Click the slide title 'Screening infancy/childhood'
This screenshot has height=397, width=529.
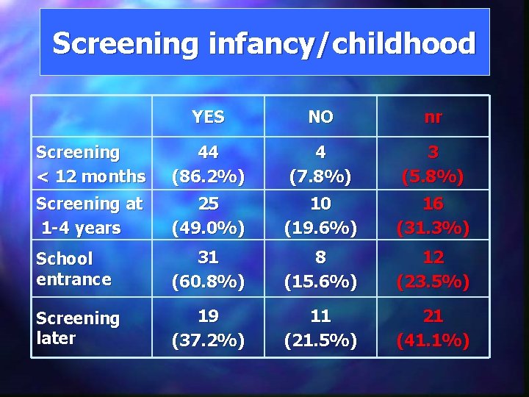[x=264, y=43]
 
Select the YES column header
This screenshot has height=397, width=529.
[x=208, y=116]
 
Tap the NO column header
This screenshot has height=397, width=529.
[x=320, y=116]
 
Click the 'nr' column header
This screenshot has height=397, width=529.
[x=433, y=116]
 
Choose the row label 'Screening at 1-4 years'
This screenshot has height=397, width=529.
[x=90, y=215]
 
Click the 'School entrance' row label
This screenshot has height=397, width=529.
[x=74, y=268]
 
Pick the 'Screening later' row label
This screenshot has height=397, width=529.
[x=78, y=328]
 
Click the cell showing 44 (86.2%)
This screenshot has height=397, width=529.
[x=208, y=164]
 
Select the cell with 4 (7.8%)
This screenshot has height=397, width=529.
[x=320, y=164]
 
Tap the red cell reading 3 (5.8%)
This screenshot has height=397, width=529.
[x=433, y=164]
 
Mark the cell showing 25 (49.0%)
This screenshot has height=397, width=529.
[x=208, y=215]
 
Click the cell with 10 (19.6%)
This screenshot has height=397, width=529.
[x=320, y=215]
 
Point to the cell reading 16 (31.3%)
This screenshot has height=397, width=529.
[x=433, y=215]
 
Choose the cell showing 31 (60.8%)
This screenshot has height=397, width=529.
[x=208, y=268]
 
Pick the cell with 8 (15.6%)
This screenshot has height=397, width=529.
[x=320, y=268]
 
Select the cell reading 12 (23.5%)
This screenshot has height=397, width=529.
[x=433, y=268]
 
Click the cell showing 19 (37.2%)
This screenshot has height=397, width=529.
[x=208, y=328]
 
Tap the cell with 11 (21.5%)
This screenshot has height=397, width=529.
[x=320, y=328]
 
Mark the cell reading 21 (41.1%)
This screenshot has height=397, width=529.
[x=433, y=328]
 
